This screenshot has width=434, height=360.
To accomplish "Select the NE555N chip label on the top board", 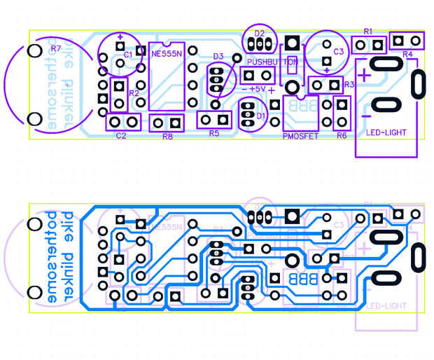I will [166, 52].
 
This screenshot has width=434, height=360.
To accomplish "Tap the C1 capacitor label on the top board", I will [128, 54].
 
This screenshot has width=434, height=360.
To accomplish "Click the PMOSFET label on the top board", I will [300, 136].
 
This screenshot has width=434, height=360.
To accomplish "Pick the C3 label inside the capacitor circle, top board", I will [338, 51].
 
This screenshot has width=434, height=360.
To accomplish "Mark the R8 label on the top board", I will [167, 137].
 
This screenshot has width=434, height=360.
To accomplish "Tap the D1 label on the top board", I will [261, 116].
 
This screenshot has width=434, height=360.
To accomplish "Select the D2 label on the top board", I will [260, 33].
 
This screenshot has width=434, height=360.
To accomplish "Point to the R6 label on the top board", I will [342, 135].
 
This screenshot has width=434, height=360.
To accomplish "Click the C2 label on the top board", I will [121, 136].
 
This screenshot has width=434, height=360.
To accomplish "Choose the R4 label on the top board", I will [408, 54].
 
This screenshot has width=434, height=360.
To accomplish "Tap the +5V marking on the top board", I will [255, 89].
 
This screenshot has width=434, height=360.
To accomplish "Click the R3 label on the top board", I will [349, 85].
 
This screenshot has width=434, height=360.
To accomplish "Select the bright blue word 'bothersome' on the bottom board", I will [49, 256].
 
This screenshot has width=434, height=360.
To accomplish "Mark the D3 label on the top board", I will [218, 56].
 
